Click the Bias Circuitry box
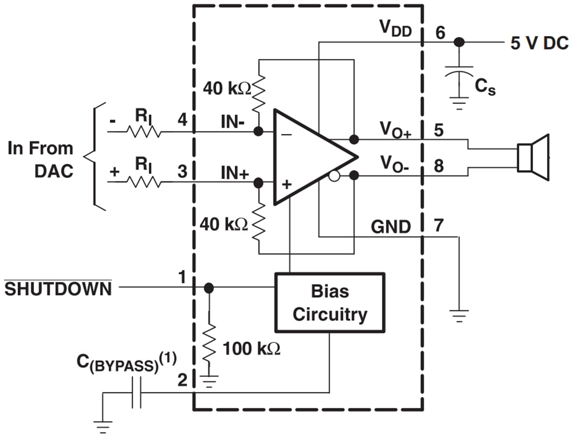point(329,302)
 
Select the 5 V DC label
point(539,43)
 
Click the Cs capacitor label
point(485,88)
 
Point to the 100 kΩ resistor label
point(252,349)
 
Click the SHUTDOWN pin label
point(58,288)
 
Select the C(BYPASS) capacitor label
point(126,362)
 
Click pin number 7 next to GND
point(439,226)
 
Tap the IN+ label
point(234,173)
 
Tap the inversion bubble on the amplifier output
point(334,177)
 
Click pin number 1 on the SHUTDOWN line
point(182,276)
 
